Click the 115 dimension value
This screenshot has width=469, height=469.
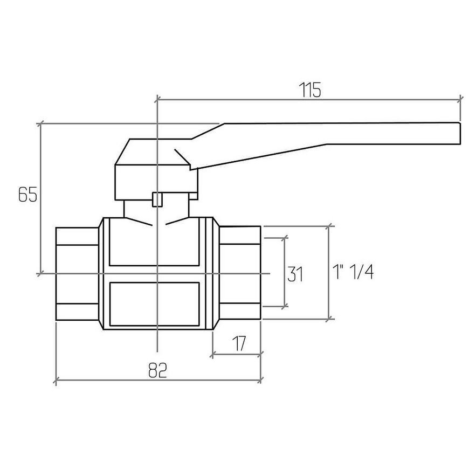(x=310, y=89)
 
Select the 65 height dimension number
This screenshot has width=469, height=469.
(x=27, y=195)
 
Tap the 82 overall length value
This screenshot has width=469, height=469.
(x=157, y=370)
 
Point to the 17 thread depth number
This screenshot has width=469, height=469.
(x=239, y=344)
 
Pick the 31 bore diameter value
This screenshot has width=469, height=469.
(x=295, y=274)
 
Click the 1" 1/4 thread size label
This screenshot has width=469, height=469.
(x=353, y=272)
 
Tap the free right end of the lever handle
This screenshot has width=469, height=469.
(x=459, y=133)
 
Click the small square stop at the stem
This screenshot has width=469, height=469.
(x=157, y=199)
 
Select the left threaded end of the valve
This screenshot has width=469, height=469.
(x=77, y=273)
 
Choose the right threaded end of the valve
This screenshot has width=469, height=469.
(x=240, y=273)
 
